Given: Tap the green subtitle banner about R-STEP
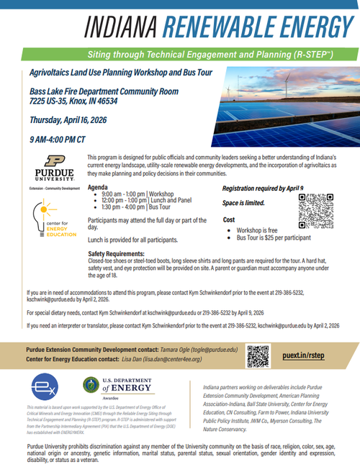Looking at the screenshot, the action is [x=179, y=55].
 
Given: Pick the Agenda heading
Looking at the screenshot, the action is [x=98, y=186].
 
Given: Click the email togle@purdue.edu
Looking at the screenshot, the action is [x=210, y=350].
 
